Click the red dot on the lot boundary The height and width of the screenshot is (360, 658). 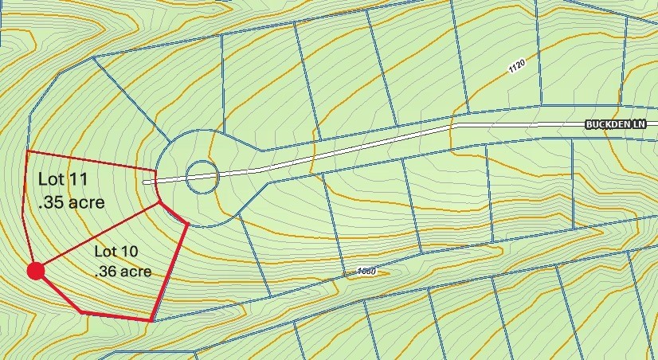point(35,272)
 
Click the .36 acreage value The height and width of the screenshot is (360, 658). point(106,272)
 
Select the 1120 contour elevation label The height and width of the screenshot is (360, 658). point(517,68)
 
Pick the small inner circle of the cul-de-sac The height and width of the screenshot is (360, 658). point(202,177)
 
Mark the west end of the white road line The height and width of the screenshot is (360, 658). point(145,182)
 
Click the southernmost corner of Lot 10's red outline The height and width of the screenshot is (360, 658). point(151,320)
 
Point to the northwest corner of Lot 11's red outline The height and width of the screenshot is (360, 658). point(28,151)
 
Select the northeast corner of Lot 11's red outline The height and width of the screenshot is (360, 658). point(156,170)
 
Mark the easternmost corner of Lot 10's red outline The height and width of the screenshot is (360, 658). point(187,225)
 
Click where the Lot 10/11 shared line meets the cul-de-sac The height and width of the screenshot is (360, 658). point(161,202)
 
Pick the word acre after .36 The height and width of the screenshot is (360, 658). point(137,272)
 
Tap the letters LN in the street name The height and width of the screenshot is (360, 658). point(648,124)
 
